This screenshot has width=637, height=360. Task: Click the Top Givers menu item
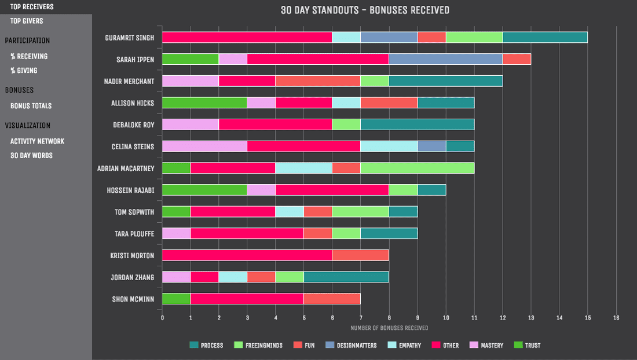pyautogui.click(x=27, y=21)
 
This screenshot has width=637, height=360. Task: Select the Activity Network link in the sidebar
pyautogui.click(x=37, y=141)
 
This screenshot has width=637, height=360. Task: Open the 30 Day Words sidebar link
pyautogui.click(x=31, y=155)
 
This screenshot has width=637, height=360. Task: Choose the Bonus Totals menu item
pyautogui.click(x=31, y=106)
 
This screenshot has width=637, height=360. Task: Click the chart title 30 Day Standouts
pyautogui.click(x=365, y=10)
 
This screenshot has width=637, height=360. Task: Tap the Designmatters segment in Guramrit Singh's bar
pyautogui.click(x=389, y=38)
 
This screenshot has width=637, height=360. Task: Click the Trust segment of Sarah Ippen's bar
pyautogui.click(x=191, y=59)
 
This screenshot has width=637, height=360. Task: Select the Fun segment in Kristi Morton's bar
pyautogui.click(x=361, y=255)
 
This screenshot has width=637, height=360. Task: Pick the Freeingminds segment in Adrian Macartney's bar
pyautogui.click(x=418, y=168)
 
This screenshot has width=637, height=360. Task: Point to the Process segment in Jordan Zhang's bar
pyautogui.click(x=346, y=277)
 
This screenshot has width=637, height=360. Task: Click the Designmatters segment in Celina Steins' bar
pyautogui.click(x=432, y=146)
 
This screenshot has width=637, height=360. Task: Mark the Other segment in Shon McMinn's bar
pyautogui.click(x=247, y=299)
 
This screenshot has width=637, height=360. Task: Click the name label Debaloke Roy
pyautogui.click(x=134, y=125)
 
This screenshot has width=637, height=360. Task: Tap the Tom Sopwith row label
pyautogui.click(x=134, y=212)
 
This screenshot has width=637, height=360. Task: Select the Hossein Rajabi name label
pyautogui.click(x=130, y=190)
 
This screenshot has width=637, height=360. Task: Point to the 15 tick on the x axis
pyautogui.click(x=588, y=317)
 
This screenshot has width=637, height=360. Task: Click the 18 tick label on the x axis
pyautogui.click(x=616, y=317)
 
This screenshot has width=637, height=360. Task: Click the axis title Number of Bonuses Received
pyautogui.click(x=389, y=328)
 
